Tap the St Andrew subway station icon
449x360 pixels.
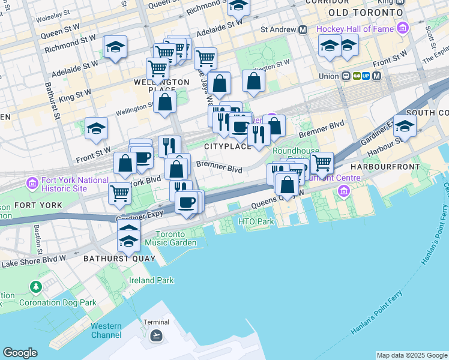coord(303,29)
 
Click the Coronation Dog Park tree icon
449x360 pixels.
coord(37,287)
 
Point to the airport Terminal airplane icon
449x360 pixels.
coord(156,335)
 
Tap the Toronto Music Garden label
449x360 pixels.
coord(176,238)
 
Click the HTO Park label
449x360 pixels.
coord(256,222)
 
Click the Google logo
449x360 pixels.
coord(20,353)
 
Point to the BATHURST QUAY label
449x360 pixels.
coord(114,259)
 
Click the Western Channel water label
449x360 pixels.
coord(106,331)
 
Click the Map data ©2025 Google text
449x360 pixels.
coord(412,355)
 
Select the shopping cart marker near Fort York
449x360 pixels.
coord(120,193)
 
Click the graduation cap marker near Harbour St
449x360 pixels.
coord(405,126)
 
